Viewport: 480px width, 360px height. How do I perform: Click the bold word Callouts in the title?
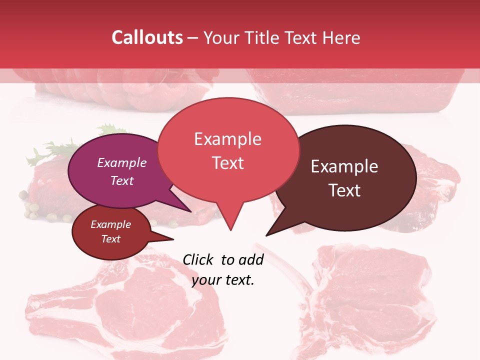point(147,37)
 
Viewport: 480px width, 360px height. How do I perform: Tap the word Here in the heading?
point(341,37)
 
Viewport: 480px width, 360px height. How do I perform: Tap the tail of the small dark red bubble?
point(167,238)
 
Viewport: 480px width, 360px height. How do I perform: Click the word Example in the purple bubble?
point(122,162)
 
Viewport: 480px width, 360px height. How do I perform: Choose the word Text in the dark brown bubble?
point(344,190)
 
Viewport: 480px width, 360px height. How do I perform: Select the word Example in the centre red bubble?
point(227,139)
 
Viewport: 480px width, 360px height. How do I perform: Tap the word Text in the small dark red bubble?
point(111,239)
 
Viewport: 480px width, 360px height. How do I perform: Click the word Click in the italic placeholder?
point(198,259)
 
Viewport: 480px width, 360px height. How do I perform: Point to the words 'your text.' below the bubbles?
point(223,280)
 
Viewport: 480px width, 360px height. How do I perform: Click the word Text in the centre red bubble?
point(227,163)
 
